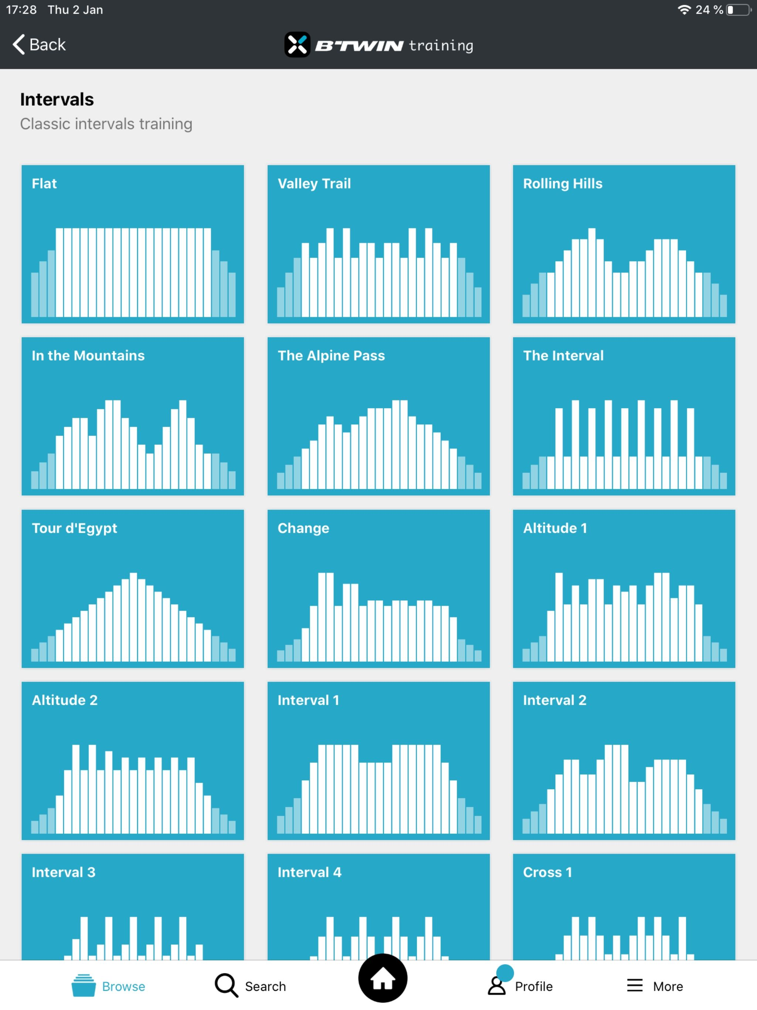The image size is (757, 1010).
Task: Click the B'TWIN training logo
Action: tap(378, 45)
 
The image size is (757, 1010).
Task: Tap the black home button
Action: tap(383, 978)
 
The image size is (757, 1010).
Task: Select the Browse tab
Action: tap(109, 986)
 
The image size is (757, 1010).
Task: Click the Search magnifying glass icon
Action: tap(227, 985)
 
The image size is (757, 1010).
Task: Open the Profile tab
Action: tap(520, 986)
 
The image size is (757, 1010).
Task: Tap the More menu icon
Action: tap(635, 985)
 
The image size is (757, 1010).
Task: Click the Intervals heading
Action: tap(57, 99)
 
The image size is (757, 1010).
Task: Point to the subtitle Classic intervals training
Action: tap(106, 124)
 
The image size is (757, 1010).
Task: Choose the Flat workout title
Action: tap(44, 184)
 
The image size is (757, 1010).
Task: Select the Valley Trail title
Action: tap(314, 184)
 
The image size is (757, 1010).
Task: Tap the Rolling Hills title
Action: tap(563, 184)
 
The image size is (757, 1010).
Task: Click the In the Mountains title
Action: tap(88, 356)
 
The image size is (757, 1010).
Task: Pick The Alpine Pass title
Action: tap(331, 356)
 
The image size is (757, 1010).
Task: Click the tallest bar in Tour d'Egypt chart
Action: tap(133, 616)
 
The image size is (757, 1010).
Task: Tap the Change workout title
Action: tap(303, 528)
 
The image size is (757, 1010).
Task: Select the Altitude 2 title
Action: tap(65, 701)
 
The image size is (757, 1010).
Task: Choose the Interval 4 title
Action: tap(309, 872)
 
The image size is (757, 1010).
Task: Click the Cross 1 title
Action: tap(547, 872)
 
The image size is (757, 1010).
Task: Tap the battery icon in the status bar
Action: tap(738, 10)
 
